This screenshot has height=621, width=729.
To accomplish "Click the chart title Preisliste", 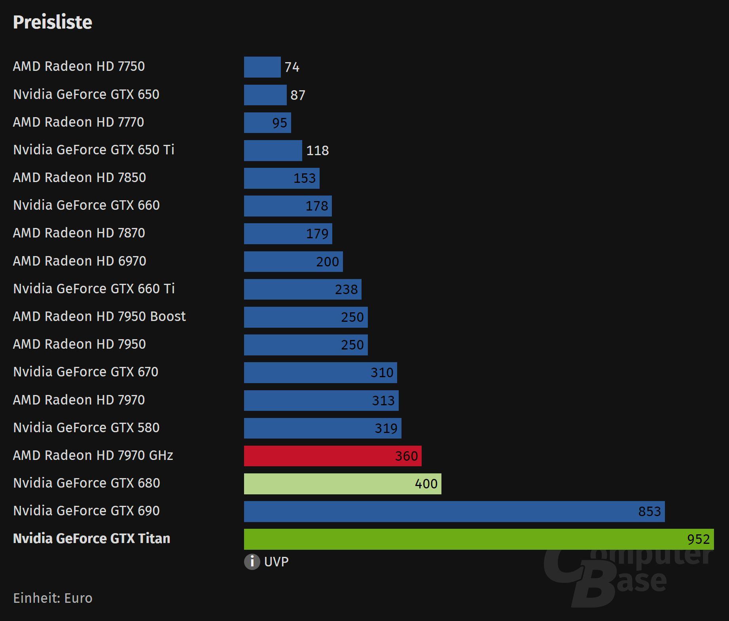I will (x=53, y=22).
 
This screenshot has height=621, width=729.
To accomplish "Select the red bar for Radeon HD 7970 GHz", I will (x=332, y=456).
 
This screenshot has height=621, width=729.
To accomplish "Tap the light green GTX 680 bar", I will (x=342, y=484).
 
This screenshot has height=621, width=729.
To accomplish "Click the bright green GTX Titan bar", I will (x=479, y=539).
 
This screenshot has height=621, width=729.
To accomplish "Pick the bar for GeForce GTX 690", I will (x=454, y=511).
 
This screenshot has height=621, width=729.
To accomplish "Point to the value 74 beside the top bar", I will (x=292, y=67).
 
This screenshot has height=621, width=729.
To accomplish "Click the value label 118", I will (x=318, y=150).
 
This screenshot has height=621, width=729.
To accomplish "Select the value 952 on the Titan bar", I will (x=698, y=539).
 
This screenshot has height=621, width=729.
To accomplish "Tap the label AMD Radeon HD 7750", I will (x=79, y=66).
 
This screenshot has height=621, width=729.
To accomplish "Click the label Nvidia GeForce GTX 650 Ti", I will (x=94, y=150).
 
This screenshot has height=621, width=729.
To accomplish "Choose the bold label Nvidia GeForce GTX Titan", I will (x=91, y=538).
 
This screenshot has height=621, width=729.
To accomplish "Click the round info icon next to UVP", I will (x=252, y=562).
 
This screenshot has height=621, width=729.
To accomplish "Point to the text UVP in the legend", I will (x=276, y=562).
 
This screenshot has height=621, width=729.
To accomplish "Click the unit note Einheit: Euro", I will (x=53, y=598).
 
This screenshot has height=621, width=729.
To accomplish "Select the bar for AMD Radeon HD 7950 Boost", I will (x=305, y=317).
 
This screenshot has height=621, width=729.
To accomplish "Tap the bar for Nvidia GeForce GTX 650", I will (x=265, y=95).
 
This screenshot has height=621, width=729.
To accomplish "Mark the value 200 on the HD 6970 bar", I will (x=328, y=262).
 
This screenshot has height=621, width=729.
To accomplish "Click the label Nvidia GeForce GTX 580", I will (x=86, y=427).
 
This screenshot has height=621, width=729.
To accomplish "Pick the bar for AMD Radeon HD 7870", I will (x=288, y=234).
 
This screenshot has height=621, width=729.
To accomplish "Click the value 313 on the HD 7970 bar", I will (x=383, y=401).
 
